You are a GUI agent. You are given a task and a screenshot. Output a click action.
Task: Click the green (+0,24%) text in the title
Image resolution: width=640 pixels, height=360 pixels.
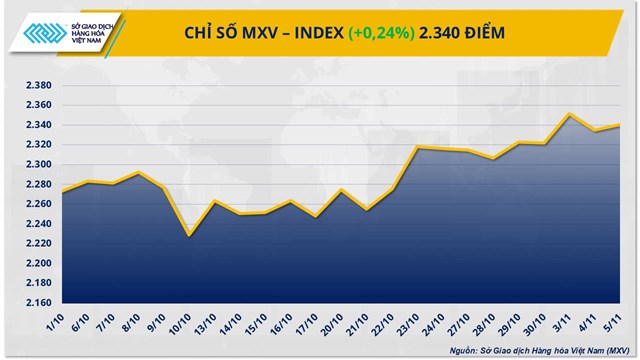381,34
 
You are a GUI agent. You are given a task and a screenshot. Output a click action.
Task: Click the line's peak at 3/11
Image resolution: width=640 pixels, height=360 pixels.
569,114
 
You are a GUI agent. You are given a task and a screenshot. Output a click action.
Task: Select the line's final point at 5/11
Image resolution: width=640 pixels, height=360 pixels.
622,125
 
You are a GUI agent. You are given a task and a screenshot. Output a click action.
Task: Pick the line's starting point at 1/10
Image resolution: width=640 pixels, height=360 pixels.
62,191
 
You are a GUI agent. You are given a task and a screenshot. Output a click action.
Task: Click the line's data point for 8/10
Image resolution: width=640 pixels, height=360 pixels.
138,173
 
